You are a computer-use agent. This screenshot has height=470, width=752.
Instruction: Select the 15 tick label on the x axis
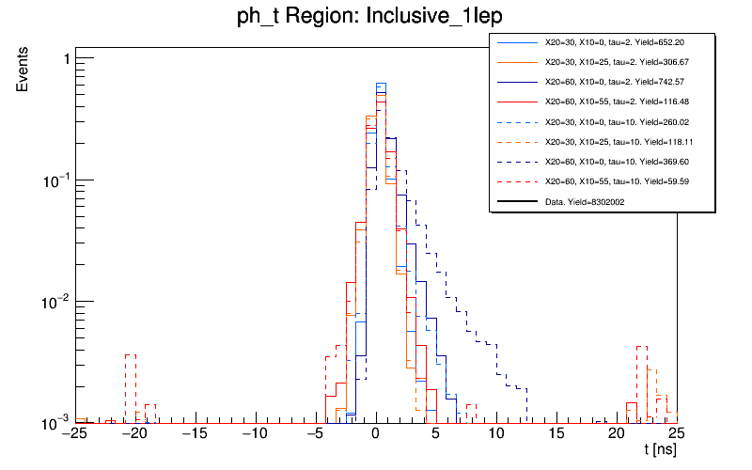coord(556,434)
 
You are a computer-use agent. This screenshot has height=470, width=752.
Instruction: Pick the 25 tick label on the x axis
coord(677,434)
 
